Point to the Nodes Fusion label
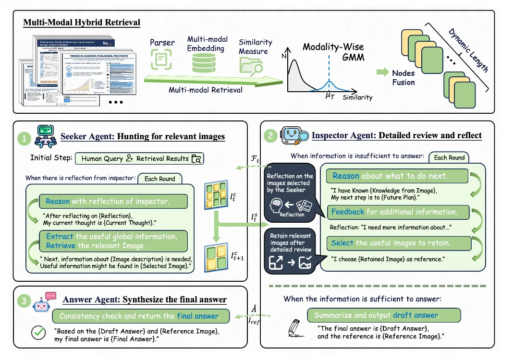(403, 77)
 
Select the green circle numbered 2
(271, 136)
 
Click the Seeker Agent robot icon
(47, 135)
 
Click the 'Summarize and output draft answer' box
(384, 315)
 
